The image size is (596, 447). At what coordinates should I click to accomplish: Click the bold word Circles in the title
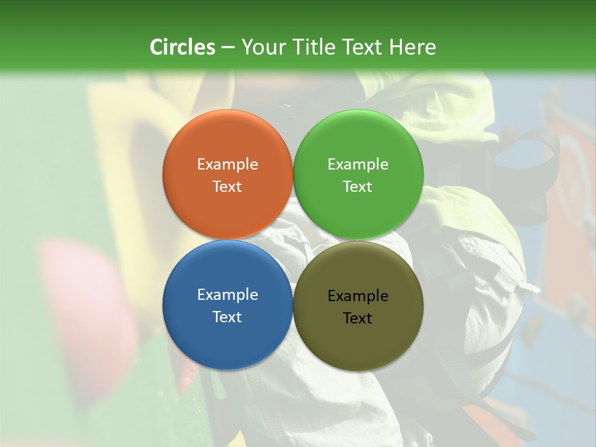click(x=183, y=47)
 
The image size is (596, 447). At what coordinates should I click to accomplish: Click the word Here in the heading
click(x=413, y=47)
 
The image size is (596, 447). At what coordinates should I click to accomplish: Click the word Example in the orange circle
click(x=227, y=165)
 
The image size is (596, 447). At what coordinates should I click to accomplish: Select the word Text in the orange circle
click(x=227, y=186)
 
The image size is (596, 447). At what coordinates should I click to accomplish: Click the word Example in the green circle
click(x=358, y=165)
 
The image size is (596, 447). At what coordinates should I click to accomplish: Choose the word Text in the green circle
click(x=358, y=186)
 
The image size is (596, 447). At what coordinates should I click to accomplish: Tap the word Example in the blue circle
click(x=227, y=295)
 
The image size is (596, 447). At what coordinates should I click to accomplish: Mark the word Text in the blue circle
click(x=227, y=317)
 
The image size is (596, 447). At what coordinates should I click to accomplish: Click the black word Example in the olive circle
click(x=358, y=296)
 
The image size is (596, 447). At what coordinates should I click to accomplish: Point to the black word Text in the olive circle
click(x=358, y=318)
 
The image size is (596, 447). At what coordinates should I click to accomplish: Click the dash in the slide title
click(x=227, y=48)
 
